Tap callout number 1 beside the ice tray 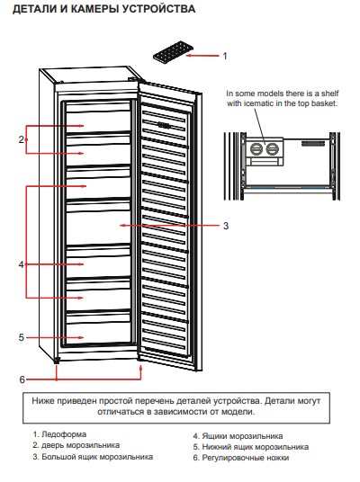225,56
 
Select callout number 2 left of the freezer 21,139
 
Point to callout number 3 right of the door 226,226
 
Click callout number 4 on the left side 21,264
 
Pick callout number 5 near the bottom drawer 21,337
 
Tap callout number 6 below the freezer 22,379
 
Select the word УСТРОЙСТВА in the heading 158,9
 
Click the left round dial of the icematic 256,149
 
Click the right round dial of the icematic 272,149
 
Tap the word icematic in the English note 259,103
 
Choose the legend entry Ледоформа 64,434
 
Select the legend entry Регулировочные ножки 245,458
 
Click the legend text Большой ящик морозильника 97,457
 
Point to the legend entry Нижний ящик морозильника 255,447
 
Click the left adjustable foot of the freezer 57,361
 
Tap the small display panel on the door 165,125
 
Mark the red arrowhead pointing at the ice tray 188,56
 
